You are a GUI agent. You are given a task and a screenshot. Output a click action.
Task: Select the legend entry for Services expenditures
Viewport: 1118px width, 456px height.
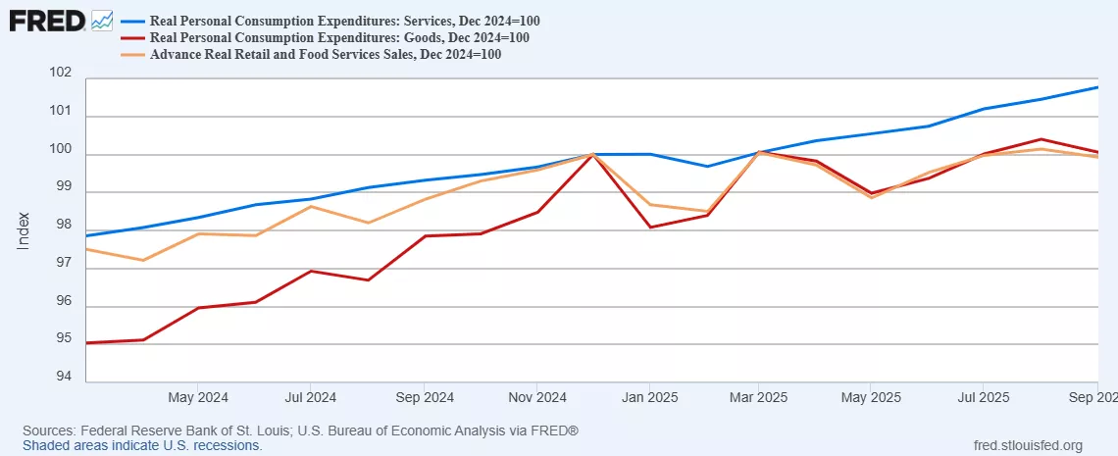click(344, 22)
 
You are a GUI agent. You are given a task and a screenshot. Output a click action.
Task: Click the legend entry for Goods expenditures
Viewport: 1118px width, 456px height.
click(339, 38)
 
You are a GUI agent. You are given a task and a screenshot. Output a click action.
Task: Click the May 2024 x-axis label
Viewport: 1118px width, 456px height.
click(198, 398)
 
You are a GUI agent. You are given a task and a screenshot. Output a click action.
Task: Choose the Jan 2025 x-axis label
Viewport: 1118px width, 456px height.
click(647, 398)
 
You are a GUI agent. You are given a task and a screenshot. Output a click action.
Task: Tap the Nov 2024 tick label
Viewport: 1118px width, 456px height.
click(536, 398)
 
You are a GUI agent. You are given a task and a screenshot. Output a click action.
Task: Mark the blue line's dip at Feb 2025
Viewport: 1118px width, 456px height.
click(707, 166)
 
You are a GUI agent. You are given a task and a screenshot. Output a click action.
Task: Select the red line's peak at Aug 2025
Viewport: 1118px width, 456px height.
click(1041, 139)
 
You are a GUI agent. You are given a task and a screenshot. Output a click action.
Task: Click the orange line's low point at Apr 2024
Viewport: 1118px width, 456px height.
click(143, 260)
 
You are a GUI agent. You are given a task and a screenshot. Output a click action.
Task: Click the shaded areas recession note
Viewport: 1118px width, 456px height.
click(142, 445)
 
